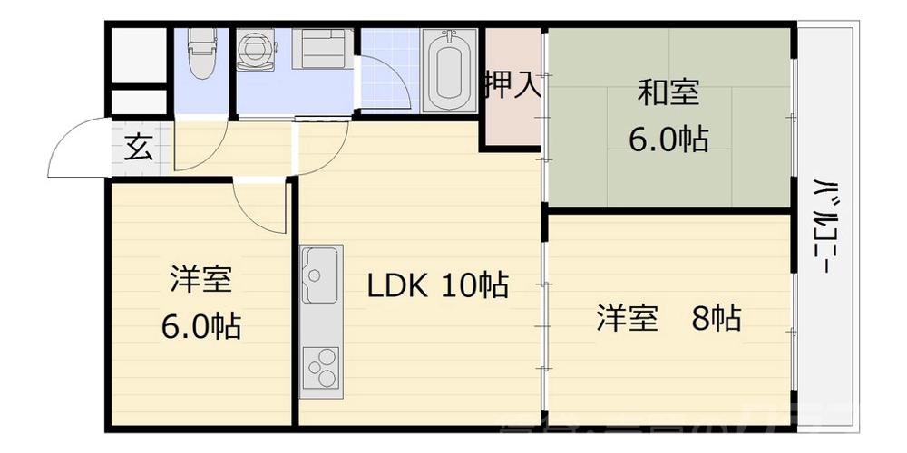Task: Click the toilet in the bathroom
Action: [x=200, y=53]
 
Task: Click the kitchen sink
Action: [x=320, y=275]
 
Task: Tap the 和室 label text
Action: [x=669, y=93]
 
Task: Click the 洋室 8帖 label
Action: [x=668, y=318]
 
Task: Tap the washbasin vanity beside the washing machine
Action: [x=324, y=49]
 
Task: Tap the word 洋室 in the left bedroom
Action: [x=200, y=280]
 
